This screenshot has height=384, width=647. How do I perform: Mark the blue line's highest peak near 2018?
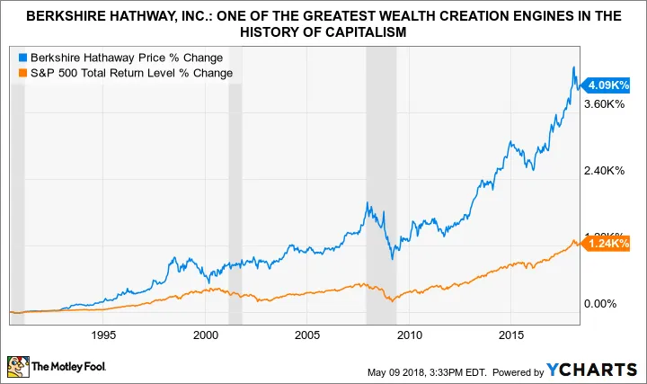point(574,67)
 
